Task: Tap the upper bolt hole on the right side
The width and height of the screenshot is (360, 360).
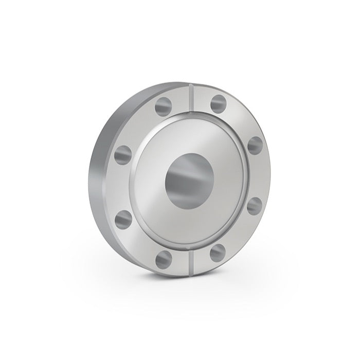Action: (x=255, y=145)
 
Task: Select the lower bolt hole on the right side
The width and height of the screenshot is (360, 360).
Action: (x=255, y=206)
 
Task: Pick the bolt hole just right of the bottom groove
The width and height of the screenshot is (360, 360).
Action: (x=218, y=252)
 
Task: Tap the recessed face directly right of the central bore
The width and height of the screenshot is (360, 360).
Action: (x=229, y=177)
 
